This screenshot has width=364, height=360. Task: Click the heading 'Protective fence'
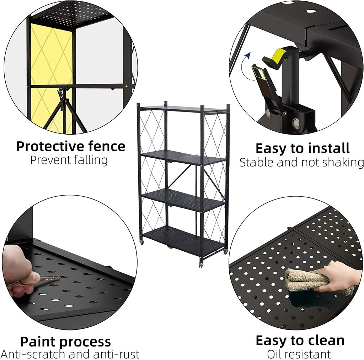pos(71,146)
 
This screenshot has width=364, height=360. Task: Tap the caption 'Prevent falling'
pos(69,160)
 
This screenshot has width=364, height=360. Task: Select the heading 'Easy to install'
pos(303,148)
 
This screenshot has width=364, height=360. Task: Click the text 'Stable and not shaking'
pos(301,162)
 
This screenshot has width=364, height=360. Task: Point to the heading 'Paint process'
pos(65,342)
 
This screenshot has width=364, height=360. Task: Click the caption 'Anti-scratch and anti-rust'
pos(70,354)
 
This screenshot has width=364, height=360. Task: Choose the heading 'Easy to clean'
pos(300,340)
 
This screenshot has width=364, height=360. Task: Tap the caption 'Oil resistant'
pos(299,354)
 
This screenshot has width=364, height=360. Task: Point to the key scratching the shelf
pos(48,279)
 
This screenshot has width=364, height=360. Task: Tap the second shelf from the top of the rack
pos(183,157)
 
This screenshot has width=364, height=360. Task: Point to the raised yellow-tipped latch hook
pos(275,57)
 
